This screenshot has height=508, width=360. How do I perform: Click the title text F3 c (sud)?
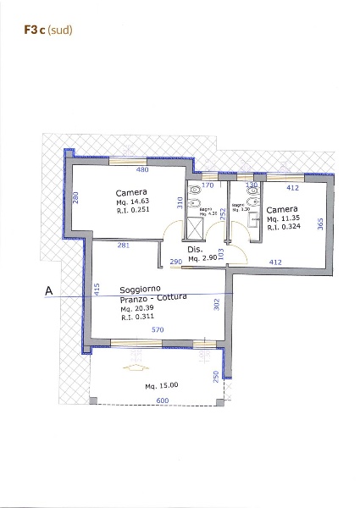pyautogui.click(x=48, y=30)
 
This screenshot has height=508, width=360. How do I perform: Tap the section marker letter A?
pyautogui.click(x=48, y=292)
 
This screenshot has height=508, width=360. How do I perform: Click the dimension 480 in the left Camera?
pyautogui.click(x=130, y=169)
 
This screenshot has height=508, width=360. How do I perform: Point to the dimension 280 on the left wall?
pyautogui.click(x=75, y=197)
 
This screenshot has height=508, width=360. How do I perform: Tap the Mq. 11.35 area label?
pyautogui.click(x=281, y=218)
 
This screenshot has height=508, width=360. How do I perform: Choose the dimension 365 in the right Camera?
pyautogui.click(x=320, y=223)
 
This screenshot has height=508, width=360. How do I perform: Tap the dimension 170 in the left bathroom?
pyautogui.click(x=207, y=185)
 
